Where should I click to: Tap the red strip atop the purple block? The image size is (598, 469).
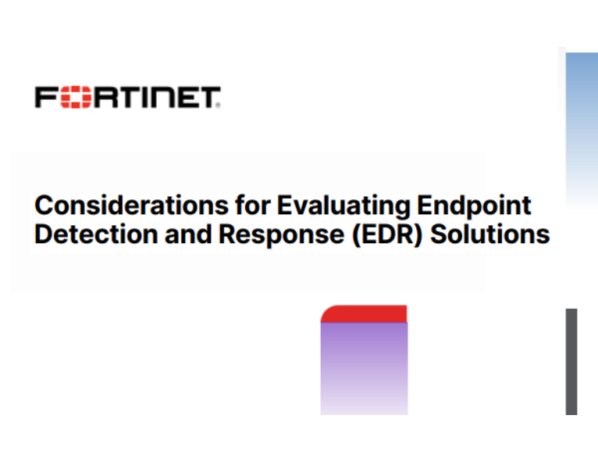(365, 314)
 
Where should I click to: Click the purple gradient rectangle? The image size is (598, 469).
(364, 367)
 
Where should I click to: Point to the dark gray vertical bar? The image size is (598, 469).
(571, 361)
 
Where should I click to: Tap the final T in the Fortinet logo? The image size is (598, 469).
(211, 98)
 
